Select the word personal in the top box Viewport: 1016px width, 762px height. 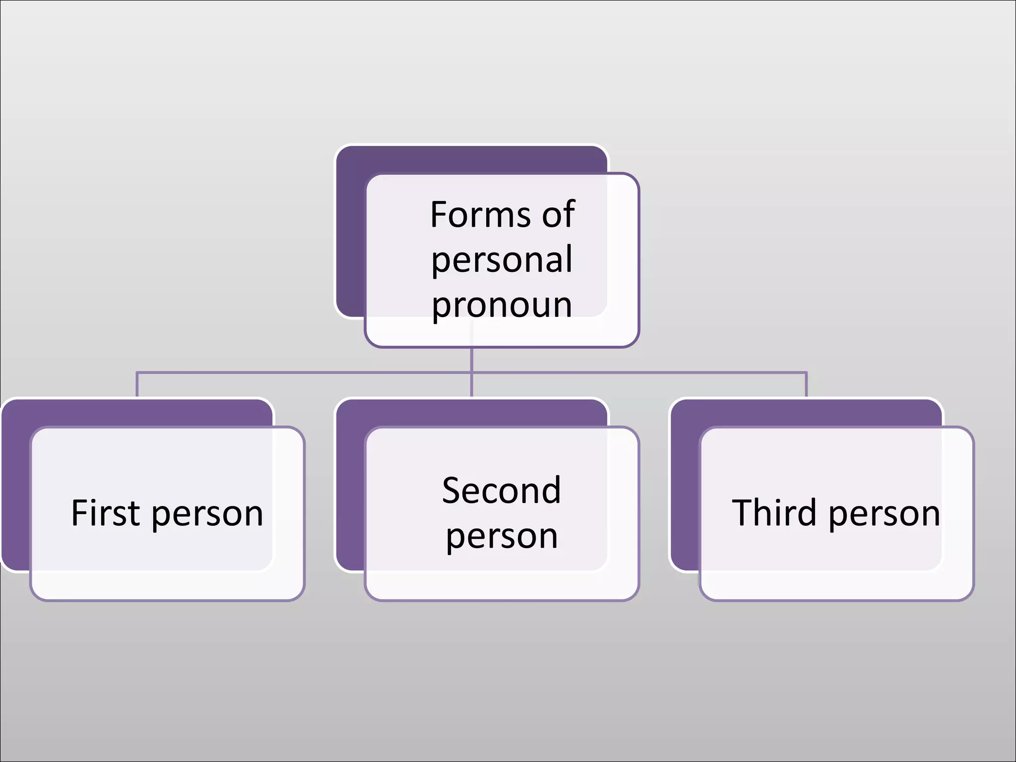[x=502, y=259]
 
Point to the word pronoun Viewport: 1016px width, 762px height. [x=502, y=305]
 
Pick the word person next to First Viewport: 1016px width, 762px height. [x=207, y=515]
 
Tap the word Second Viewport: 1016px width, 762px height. [x=502, y=491]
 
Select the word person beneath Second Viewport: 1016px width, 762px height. [x=502, y=537]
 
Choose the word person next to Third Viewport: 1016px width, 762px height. [x=884, y=515]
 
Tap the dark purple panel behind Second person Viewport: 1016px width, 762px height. [x=350, y=486]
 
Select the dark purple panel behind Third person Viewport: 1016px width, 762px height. [x=685, y=486]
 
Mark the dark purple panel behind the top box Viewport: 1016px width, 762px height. [x=350, y=233]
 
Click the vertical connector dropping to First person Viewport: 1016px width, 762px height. [x=137, y=384]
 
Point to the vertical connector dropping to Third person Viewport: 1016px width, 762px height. [x=806, y=384]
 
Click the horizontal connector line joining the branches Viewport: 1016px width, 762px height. [x=298, y=372]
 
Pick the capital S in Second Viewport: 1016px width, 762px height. [x=452, y=491]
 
